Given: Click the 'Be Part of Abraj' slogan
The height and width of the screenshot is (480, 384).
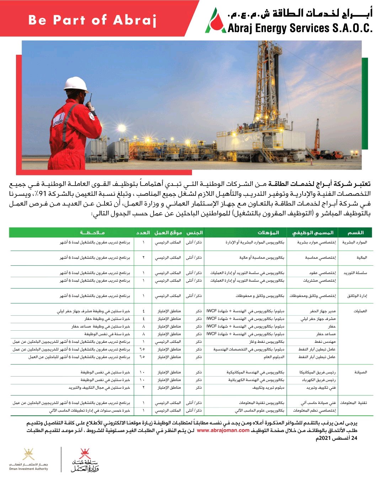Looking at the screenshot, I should click(92, 20).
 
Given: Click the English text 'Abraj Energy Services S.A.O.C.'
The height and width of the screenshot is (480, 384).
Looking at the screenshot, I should click(300, 28).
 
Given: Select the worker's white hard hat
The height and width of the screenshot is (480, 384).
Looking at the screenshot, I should click(76, 85).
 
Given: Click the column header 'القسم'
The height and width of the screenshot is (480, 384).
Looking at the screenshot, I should click(355, 233).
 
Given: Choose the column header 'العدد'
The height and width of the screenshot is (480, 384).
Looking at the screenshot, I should click(143, 233).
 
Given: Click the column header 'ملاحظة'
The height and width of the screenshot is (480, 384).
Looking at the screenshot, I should click(92, 233).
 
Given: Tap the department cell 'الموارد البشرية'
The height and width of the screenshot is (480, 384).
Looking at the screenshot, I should click(354, 242).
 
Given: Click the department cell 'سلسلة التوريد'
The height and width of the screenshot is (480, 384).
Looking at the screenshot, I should click(355, 273).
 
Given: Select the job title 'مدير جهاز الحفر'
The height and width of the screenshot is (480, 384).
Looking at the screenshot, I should click(322, 311).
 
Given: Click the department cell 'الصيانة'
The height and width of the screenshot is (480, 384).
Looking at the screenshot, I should click(360, 372).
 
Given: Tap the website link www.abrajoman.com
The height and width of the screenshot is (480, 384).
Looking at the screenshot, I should click(223, 431).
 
